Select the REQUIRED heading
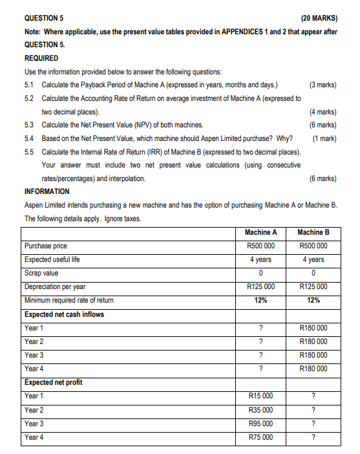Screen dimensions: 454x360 point(41,58)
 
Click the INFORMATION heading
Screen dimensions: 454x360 point(48,192)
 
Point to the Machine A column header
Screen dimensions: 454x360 point(260,232)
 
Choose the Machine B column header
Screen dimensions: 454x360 point(313,232)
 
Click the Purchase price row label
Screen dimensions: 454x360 point(45,246)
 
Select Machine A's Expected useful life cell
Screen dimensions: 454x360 point(260,259)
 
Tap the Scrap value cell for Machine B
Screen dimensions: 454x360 point(313,273)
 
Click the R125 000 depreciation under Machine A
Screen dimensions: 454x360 point(260,286)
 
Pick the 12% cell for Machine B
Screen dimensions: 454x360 point(313,300)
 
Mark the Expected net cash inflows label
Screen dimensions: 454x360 point(64,314)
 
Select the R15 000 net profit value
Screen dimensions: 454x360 point(260,396)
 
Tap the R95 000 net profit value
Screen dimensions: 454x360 point(260,424)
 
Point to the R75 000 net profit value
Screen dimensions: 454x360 point(260,437)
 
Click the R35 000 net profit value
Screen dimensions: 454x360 point(260,410)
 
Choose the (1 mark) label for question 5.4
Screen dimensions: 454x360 point(323,138)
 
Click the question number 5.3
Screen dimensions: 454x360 point(28,125)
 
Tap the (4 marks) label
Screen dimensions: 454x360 point(323,111)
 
